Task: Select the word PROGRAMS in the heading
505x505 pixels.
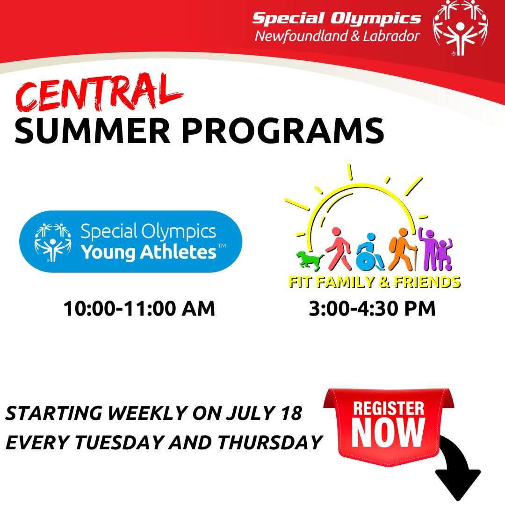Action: pyautogui.click(x=283, y=131)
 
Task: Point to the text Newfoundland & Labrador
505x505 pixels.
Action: pyautogui.click(x=337, y=36)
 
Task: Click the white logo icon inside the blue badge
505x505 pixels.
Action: pyautogui.click(x=53, y=242)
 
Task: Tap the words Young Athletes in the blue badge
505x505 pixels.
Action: pyautogui.click(x=149, y=252)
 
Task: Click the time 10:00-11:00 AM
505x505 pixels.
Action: pyautogui.click(x=139, y=309)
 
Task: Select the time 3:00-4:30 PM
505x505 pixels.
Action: pyautogui.click(x=372, y=309)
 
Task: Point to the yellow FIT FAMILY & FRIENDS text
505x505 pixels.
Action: pyautogui.click(x=374, y=282)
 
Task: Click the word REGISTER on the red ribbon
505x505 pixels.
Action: pyautogui.click(x=389, y=408)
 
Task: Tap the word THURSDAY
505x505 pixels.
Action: pyautogui.click(x=270, y=442)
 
